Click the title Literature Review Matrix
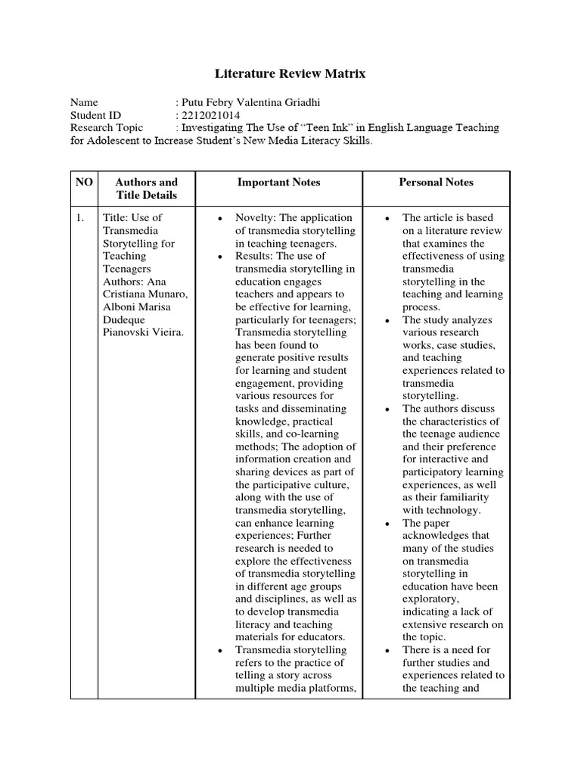coord(291,73)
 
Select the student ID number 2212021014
coord(208,115)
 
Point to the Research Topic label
coord(107,128)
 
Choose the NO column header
coord(83,182)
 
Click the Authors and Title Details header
coord(146,188)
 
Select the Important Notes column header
coord(278,182)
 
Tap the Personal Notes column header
coord(436,182)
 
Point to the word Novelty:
coord(256,218)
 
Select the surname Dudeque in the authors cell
coord(126,320)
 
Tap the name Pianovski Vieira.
coord(143,333)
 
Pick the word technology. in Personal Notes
coord(452,510)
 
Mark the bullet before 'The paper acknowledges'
coord(387,523)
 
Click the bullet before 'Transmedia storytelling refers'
coord(219,650)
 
